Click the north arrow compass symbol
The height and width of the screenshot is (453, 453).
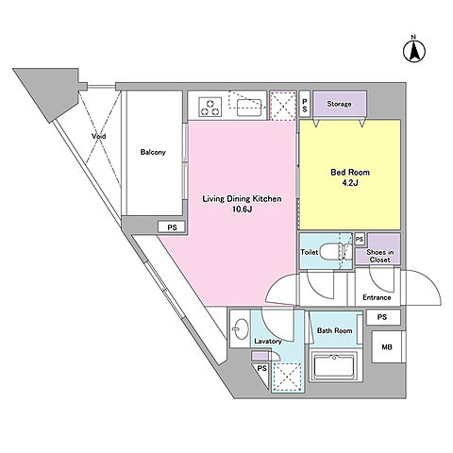tap(414, 50)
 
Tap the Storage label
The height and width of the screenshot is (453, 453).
tap(339, 104)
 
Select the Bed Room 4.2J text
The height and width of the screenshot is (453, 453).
tap(350, 177)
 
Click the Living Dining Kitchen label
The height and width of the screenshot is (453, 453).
tap(242, 199)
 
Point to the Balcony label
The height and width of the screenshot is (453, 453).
tap(153, 152)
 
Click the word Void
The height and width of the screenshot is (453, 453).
tap(99, 136)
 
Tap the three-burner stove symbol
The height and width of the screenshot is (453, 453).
tap(210, 107)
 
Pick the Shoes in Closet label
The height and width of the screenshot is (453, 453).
tap(380, 256)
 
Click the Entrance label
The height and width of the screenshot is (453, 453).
tap(377, 297)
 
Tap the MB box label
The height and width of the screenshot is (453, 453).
tap(387, 347)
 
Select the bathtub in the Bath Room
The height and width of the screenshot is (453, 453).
tap(334, 366)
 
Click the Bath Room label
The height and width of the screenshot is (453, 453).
tap(334, 330)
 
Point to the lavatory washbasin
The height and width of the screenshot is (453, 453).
tap(242, 328)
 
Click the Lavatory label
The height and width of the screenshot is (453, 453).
tap(268, 342)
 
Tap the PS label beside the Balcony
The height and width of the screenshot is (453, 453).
tap(172, 227)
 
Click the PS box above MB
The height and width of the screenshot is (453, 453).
tap(382, 317)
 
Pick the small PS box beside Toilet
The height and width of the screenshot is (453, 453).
tap(360, 240)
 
